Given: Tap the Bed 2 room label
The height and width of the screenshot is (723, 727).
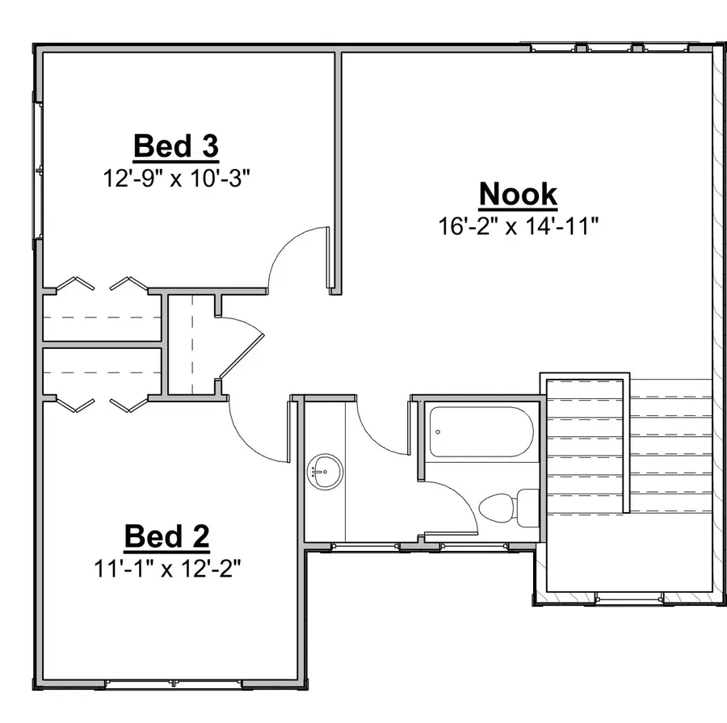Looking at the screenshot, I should click(x=167, y=536).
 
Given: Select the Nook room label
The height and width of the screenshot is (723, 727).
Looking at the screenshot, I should click(x=518, y=194).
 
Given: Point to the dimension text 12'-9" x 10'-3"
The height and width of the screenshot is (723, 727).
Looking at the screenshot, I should click(x=176, y=178).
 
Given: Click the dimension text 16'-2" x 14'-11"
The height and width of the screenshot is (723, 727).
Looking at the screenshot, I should click(x=518, y=225).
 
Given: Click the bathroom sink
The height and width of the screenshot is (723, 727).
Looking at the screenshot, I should click(x=326, y=470).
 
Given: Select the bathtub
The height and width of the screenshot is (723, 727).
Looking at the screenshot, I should click(x=480, y=432).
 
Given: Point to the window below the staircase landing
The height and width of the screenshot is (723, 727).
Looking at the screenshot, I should click(x=628, y=599).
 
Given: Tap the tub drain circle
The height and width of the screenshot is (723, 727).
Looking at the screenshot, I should click(x=438, y=431).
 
